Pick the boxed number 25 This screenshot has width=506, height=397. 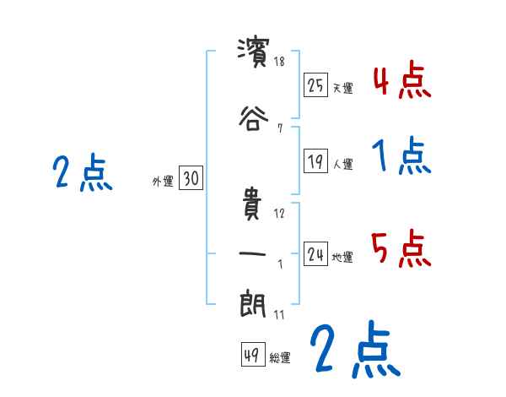316,85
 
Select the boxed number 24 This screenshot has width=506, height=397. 316,254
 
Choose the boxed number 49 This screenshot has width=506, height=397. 252,356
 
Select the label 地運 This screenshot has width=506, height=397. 343,257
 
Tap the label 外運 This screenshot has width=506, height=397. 162,180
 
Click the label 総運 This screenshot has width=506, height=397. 280,358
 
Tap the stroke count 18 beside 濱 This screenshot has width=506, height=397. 280,61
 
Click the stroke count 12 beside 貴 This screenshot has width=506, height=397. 280,213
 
